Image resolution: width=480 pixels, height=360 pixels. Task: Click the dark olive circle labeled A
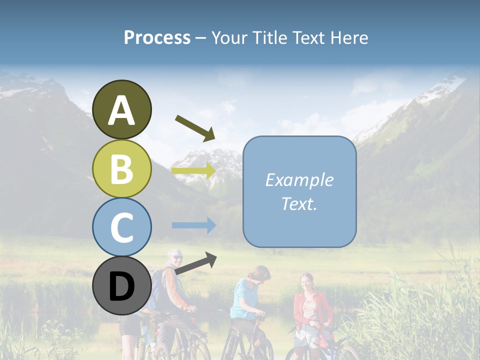click(x=122, y=109)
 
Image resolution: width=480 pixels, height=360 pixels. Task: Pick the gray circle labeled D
click(x=122, y=285)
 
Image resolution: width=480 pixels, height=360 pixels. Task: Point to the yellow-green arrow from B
click(x=193, y=171)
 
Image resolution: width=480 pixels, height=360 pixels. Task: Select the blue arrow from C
click(x=193, y=225)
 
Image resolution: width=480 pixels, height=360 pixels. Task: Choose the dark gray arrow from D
click(x=195, y=263)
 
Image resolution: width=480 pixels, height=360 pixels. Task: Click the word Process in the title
click(x=157, y=38)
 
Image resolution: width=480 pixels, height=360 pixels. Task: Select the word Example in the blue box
click(x=299, y=180)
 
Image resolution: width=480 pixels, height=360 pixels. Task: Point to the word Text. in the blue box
click(x=299, y=203)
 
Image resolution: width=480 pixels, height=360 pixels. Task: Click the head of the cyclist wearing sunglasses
click(x=175, y=258)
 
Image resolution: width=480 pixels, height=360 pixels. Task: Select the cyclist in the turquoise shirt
click(x=246, y=300)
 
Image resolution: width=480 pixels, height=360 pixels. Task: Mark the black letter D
click(x=122, y=286)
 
